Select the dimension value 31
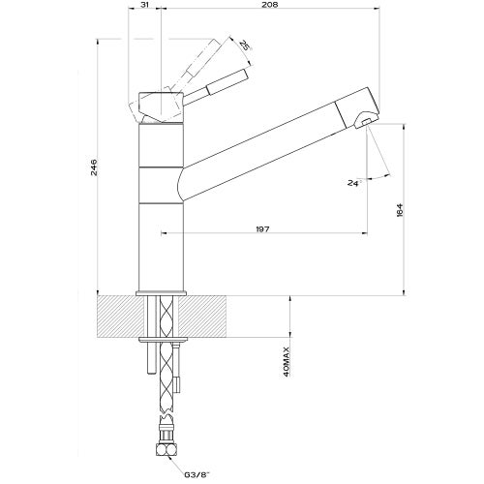144,7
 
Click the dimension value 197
263,227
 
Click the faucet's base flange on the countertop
163,292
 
